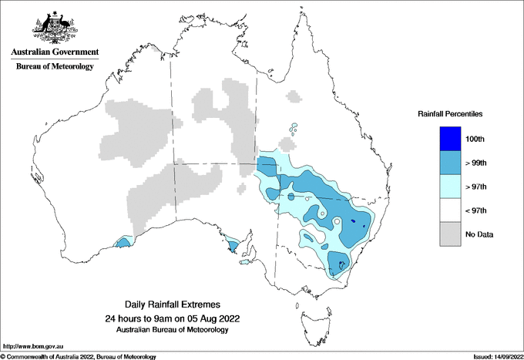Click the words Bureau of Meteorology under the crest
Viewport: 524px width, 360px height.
pyautogui.click(x=54, y=67)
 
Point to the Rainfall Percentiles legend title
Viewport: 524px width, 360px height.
pyautogui.click(x=450, y=114)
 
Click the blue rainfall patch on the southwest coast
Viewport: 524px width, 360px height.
pyautogui.click(x=122, y=243)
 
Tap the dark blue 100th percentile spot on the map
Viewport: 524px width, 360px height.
pyautogui.click(x=353, y=222)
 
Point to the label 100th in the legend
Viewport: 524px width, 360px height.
pyautogui.click(x=476, y=139)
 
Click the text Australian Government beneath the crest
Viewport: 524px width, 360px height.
pyautogui.click(x=54, y=52)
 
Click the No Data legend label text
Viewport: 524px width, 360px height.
pyautogui.click(x=479, y=234)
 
